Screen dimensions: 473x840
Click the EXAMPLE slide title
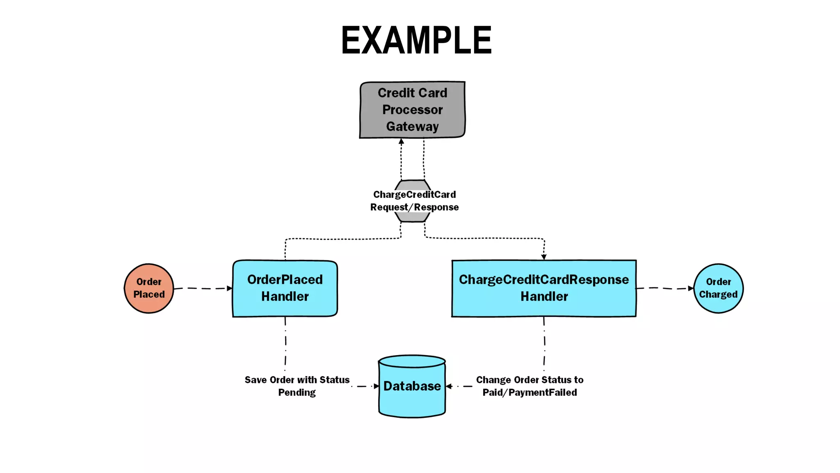coord(416,40)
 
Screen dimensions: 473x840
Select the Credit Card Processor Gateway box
coord(412,110)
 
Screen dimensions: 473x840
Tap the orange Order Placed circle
coord(149,288)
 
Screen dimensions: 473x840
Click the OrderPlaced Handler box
coord(285,288)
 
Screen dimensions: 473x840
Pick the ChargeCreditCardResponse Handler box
coord(544,288)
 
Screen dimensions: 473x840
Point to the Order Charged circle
coord(718,288)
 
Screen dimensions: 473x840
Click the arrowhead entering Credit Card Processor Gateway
coord(402,142)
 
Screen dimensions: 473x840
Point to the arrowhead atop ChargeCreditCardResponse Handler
coord(544,257)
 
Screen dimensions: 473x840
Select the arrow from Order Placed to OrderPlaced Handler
coord(203,289)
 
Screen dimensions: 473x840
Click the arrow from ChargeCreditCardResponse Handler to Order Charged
coord(664,288)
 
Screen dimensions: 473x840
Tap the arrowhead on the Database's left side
coord(376,386)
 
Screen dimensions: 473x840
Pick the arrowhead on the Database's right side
coord(449,386)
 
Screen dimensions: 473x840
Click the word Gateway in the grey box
coord(412,126)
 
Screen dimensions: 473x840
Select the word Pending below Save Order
coord(297,393)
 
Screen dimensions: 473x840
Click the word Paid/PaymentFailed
coord(530,393)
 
